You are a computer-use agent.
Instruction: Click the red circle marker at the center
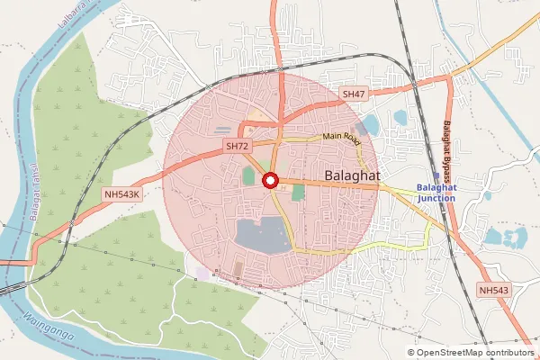pos(269,181)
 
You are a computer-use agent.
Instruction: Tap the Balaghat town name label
pos(354,173)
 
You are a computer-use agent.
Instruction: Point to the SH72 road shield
pos(238,145)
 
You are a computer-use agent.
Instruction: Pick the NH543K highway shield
pos(122,193)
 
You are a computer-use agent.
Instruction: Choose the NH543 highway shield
pos(494,290)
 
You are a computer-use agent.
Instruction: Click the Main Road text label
pos(342,139)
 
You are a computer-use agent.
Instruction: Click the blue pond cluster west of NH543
pos(504,238)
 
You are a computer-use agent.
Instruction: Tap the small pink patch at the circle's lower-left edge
pos(202,273)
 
